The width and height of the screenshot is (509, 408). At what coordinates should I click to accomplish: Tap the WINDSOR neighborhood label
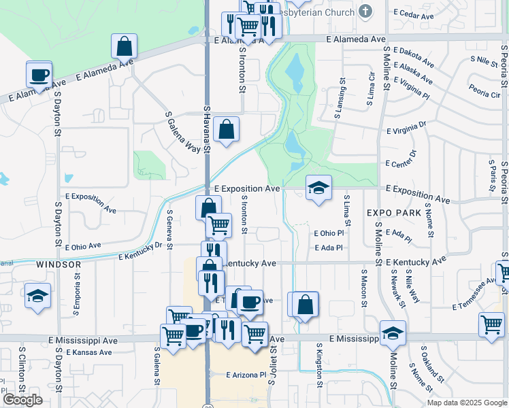pos(59,264)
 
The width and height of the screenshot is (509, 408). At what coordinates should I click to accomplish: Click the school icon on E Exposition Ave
pos(318,188)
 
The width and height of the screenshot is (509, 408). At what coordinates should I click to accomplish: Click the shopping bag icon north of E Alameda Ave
pos(124,46)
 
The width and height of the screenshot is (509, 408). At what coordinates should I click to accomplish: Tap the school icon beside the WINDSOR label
pos(38,296)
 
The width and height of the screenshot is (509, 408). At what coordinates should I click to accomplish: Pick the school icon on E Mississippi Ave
pos(393,333)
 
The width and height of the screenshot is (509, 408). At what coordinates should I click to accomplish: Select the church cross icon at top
pos(365,12)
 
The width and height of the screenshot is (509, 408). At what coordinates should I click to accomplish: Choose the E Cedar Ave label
pos(414,14)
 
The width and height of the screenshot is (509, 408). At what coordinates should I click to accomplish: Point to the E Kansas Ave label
pos(89,352)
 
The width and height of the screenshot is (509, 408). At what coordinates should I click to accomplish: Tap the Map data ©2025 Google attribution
pos(466,403)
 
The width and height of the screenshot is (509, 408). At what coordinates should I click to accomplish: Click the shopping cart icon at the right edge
pos(491,324)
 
